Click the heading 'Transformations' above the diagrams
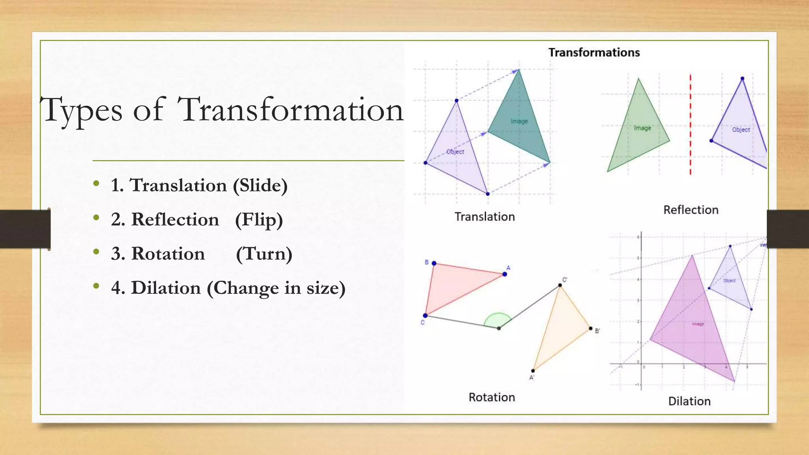[594, 53]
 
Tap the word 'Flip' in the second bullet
[259, 220]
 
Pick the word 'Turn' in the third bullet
[264, 254]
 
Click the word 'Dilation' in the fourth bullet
[166, 288]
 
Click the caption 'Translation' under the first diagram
[484, 217]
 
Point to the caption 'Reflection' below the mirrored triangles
[690, 210]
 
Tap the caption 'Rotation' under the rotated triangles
[491, 397]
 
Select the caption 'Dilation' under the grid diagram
[689, 401]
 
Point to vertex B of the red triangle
[434, 263]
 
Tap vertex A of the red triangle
[504, 274]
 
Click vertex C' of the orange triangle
[560, 285]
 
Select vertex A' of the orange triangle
[533, 371]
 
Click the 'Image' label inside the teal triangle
[519, 121]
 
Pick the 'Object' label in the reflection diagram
[741, 130]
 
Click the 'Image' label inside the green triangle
[642, 128]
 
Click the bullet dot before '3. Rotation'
[96, 252]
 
